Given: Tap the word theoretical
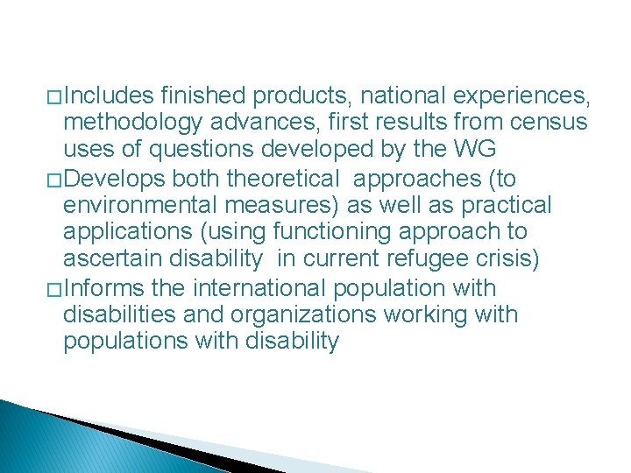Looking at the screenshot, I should point(282,179).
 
